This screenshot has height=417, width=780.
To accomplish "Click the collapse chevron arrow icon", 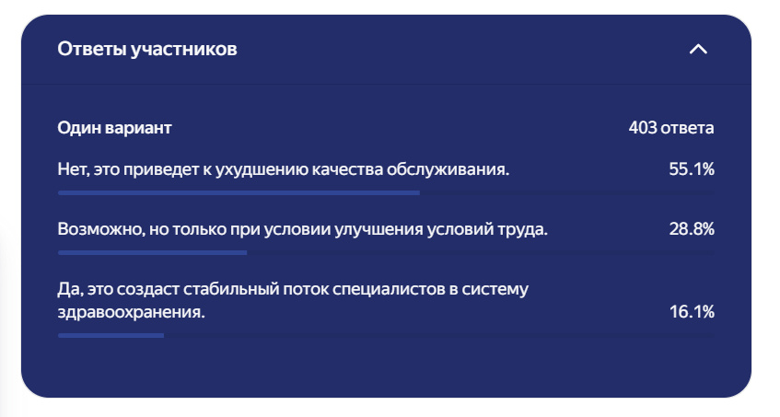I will (x=698, y=49).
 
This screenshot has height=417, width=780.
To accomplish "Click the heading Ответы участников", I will (x=147, y=49).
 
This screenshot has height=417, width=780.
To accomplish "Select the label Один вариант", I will (x=114, y=128).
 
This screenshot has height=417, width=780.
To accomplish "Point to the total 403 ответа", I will (x=671, y=128).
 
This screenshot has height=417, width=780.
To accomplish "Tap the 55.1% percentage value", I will (x=692, y=169).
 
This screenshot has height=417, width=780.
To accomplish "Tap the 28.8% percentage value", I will (x=692, y=229).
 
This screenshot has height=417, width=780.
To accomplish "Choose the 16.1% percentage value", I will (x=692, y=312).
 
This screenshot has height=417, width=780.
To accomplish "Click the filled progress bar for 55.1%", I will (x=239, y=192).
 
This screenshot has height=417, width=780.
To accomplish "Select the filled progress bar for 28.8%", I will (x=152, y=252).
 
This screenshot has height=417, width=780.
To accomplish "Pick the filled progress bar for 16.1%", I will (x=111, y=335).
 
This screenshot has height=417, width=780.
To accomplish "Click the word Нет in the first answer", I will (x=71, y=169).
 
